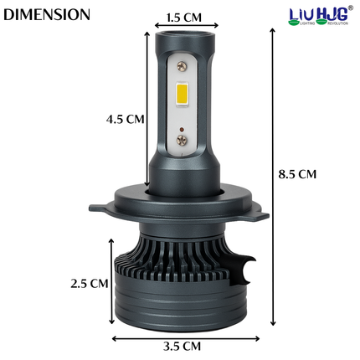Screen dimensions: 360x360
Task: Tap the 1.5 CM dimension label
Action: click(183, 17)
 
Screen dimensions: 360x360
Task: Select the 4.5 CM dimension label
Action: click(125, 119)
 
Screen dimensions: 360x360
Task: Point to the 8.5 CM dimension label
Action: click(297, 174)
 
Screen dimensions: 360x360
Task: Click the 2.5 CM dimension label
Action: click(90, 283)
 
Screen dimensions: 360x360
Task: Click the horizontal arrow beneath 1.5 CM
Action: click(183, 27)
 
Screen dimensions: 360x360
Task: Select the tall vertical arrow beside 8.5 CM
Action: click(273, 176)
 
